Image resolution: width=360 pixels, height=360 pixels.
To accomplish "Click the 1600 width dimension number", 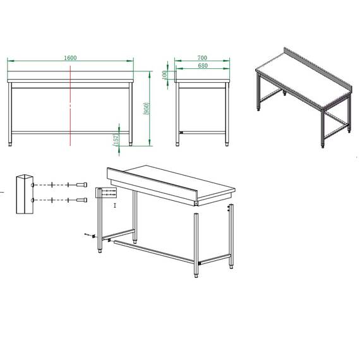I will (x=70, y=57).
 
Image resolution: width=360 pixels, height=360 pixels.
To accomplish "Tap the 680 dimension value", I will (x=202, y=66).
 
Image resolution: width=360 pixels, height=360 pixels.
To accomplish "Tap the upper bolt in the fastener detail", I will (x=80, y=184).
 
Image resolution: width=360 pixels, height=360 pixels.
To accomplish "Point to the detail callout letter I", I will (x=115, y=206).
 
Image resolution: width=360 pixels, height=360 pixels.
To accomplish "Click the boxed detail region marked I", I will (x=105, y=193).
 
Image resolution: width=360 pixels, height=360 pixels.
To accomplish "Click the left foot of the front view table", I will (x=10, y=143).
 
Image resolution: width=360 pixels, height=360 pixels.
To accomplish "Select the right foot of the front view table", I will (x=130, y=143).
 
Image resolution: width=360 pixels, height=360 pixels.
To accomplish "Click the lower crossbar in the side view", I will (x=203, y=132).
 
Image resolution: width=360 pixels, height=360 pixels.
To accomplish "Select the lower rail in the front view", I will (x=70, y=133).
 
